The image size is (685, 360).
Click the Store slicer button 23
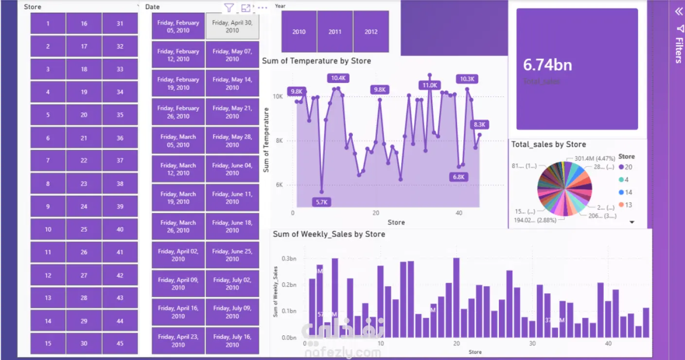[x=84, y=184]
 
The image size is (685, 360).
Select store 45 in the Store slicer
[x=120, y=343]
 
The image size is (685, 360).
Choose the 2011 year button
[x=335, y=32]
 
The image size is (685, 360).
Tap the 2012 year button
[x=371, y=32]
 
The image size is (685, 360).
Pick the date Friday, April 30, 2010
[x=232, y=26]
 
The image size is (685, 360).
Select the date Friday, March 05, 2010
[x=178, y=141]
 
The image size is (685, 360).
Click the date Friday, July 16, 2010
[x=232, y=341]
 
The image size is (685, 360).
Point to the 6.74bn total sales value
[x=547, y=65]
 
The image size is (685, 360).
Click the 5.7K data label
[x=321, y=202]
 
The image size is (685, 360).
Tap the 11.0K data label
[x=430, y=85]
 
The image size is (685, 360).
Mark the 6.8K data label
[x=458, y=177]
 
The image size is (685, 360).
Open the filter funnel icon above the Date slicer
[x=229, y=8]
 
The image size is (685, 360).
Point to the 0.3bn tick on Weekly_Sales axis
[x=289, y=258]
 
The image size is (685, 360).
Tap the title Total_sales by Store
[x=548, y=144]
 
